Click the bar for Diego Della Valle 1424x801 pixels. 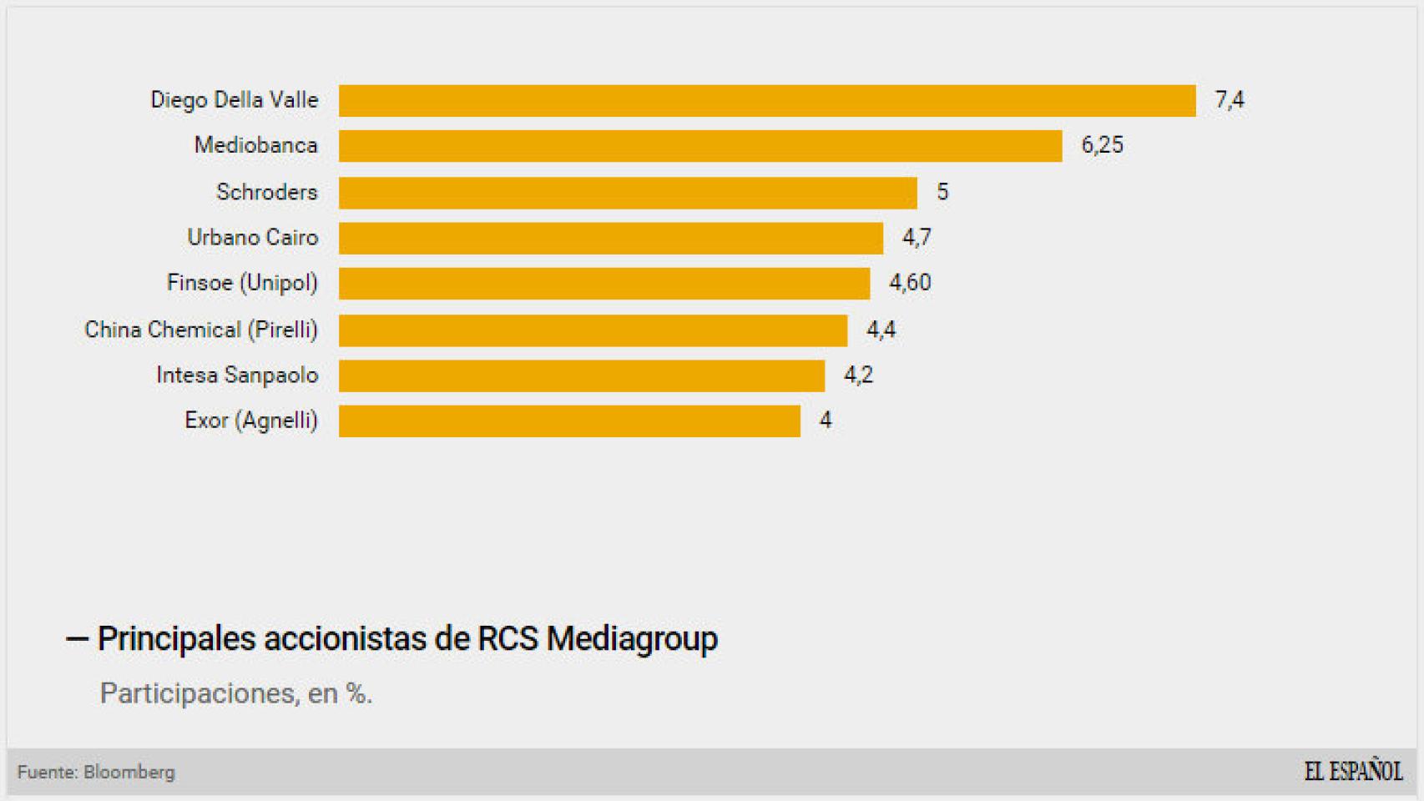pos(766,100)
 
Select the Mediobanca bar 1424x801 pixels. pos(699,146)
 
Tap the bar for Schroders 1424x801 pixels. pos(628,193)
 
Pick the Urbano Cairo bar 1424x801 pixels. pos(610,238)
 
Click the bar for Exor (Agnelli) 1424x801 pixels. pos(569,421)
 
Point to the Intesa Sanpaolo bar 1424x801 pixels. pos(581,375)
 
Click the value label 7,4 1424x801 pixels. pos(1229,100)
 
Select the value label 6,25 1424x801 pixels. pos(1102,145)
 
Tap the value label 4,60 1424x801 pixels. pos(909,283)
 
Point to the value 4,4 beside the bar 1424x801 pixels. pos(881,330)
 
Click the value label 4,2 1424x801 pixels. pos(858,375)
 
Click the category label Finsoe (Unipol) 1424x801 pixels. pos(242,283)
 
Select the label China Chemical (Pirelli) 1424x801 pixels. pos(201,330)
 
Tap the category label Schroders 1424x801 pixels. pos(267,192)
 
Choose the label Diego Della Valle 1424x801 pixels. pos(235,100)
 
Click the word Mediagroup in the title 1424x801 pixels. pos(632,639)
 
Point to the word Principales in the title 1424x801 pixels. pos(176,639)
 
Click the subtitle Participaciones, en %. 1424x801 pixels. pos(235,693)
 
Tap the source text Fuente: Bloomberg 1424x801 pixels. pos(96,773)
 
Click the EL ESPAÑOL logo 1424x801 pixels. pos(1353,771)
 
